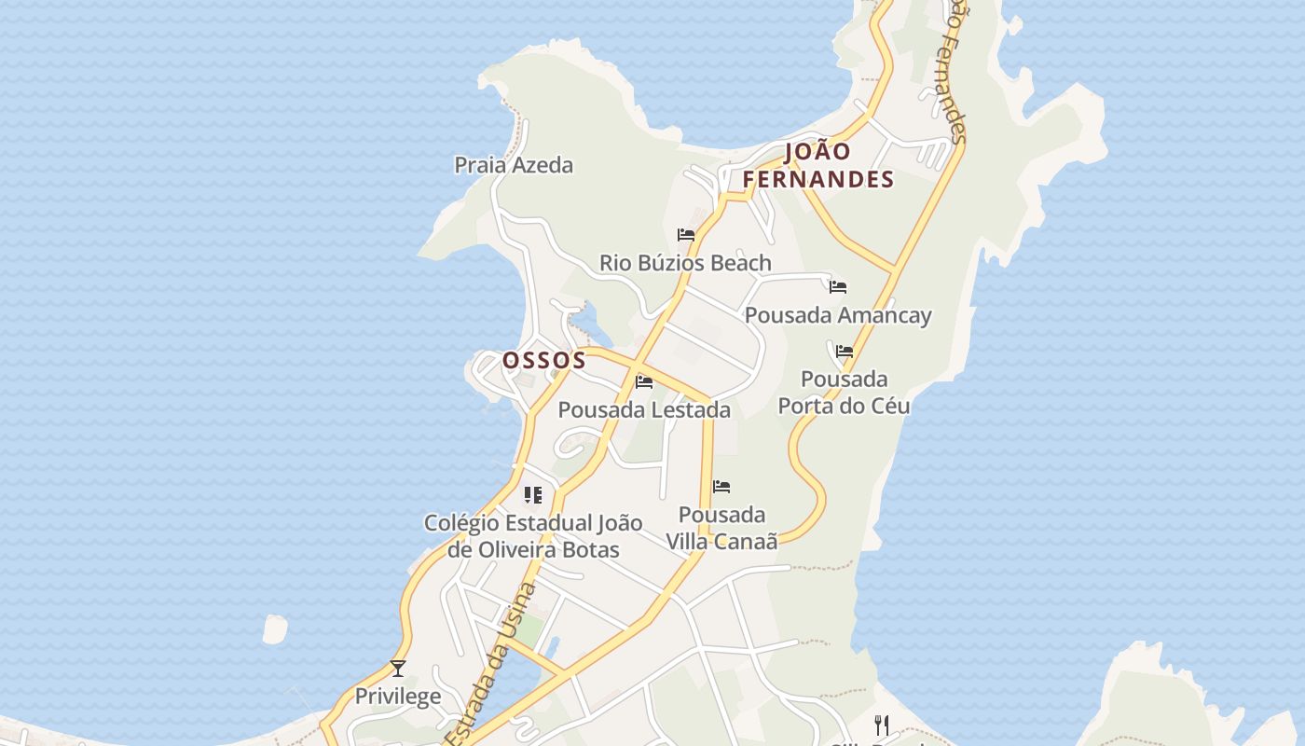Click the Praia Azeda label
click(x=514, y=165)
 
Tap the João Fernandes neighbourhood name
click(x=818, y=165)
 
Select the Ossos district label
click(x=544, y=360)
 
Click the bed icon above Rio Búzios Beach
click(x=686, y=235)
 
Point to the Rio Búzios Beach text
click(x=685, y=263)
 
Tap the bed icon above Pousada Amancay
click(x=838, y=287)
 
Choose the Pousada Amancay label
click(x=838, y=315)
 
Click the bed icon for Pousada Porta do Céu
click(x=845, y=352)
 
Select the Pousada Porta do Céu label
click(x=845, y=393)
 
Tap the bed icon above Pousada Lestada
click(x=644, y=381)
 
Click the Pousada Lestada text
click(x=644, y=409)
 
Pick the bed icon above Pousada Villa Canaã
click(x=721, y=487)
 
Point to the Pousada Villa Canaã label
click(x=721, y=528)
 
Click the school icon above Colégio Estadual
click(x=533, y=494)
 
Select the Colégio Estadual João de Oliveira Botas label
click(x=533, y=536)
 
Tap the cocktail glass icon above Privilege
click(x=398, y=668)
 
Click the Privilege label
click(x=398, y=697)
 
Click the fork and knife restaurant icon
click(x=881, y=725)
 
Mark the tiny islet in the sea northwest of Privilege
click(x=275, y=629)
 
